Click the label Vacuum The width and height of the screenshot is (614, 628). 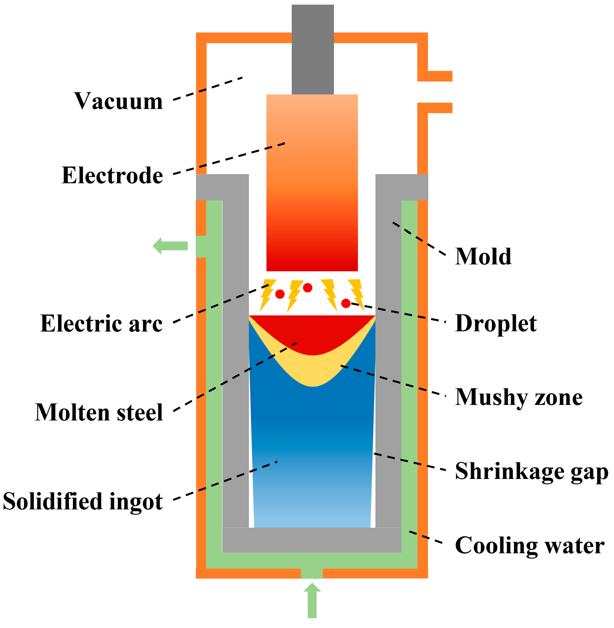118,101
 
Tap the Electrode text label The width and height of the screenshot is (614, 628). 112,175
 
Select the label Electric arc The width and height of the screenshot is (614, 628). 101,323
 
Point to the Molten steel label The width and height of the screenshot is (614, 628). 99,412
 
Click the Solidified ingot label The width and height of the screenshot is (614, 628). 83,501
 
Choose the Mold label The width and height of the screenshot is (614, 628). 483,256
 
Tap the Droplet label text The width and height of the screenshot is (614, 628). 496,323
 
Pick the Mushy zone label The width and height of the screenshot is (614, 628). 519,397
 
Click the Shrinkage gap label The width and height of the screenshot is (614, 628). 532,471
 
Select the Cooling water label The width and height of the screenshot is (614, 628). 530,545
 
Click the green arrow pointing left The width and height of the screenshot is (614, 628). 170,246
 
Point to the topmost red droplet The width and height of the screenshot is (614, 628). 308,288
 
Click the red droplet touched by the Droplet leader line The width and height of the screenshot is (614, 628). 346,303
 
